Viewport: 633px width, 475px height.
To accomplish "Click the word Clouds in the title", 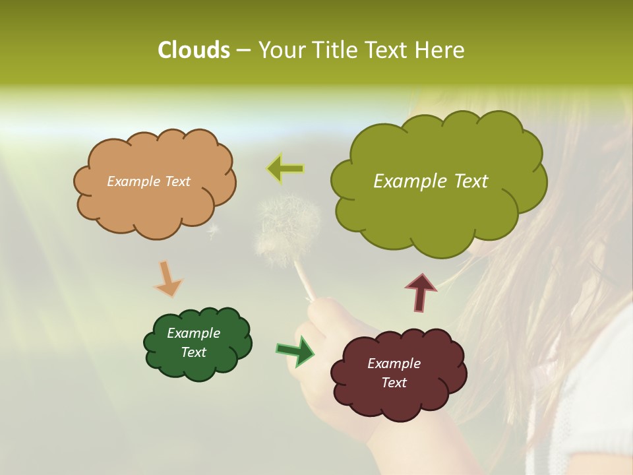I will [193, 50].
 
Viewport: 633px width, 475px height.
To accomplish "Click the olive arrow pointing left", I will [286, 169].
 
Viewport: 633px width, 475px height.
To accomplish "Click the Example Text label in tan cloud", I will [148, 181].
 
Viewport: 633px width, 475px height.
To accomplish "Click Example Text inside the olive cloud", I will [431, 181].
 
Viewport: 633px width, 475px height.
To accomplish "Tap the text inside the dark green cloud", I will [193, 342].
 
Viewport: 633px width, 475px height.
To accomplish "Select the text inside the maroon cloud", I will [394, 373].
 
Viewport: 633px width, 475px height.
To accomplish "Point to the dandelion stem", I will [305, 281].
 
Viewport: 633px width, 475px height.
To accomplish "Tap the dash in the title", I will [243, 51].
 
